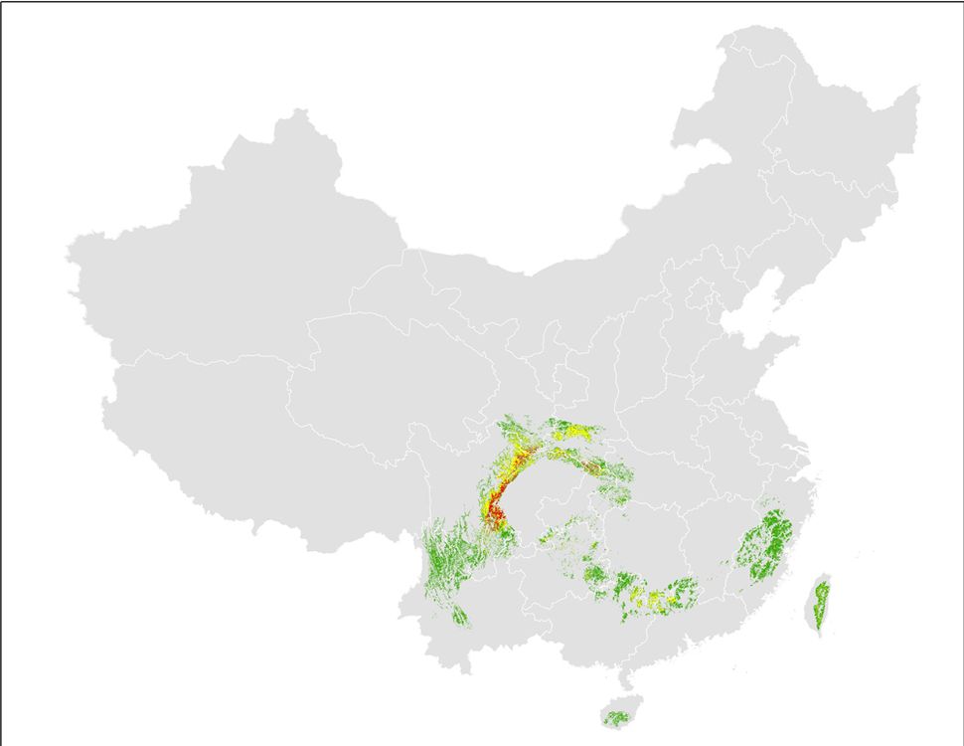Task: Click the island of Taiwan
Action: [821, 603]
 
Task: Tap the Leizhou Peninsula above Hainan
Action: [625, 680]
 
